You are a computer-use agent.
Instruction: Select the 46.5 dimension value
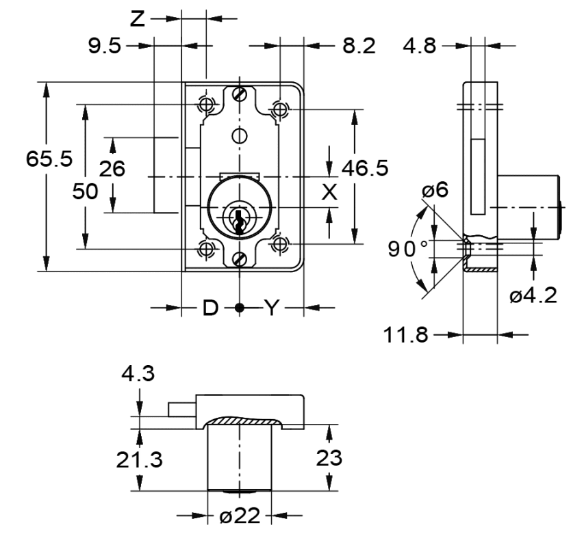[364, 168]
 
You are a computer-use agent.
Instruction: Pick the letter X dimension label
[330, 192]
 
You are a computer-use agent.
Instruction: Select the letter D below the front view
[210, 308]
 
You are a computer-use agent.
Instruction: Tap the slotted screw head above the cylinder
[239, 94]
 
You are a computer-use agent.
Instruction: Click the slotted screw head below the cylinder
[239, 259]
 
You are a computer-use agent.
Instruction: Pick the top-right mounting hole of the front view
[279, 107]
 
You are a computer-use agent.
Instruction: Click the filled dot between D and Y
[239, 308]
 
